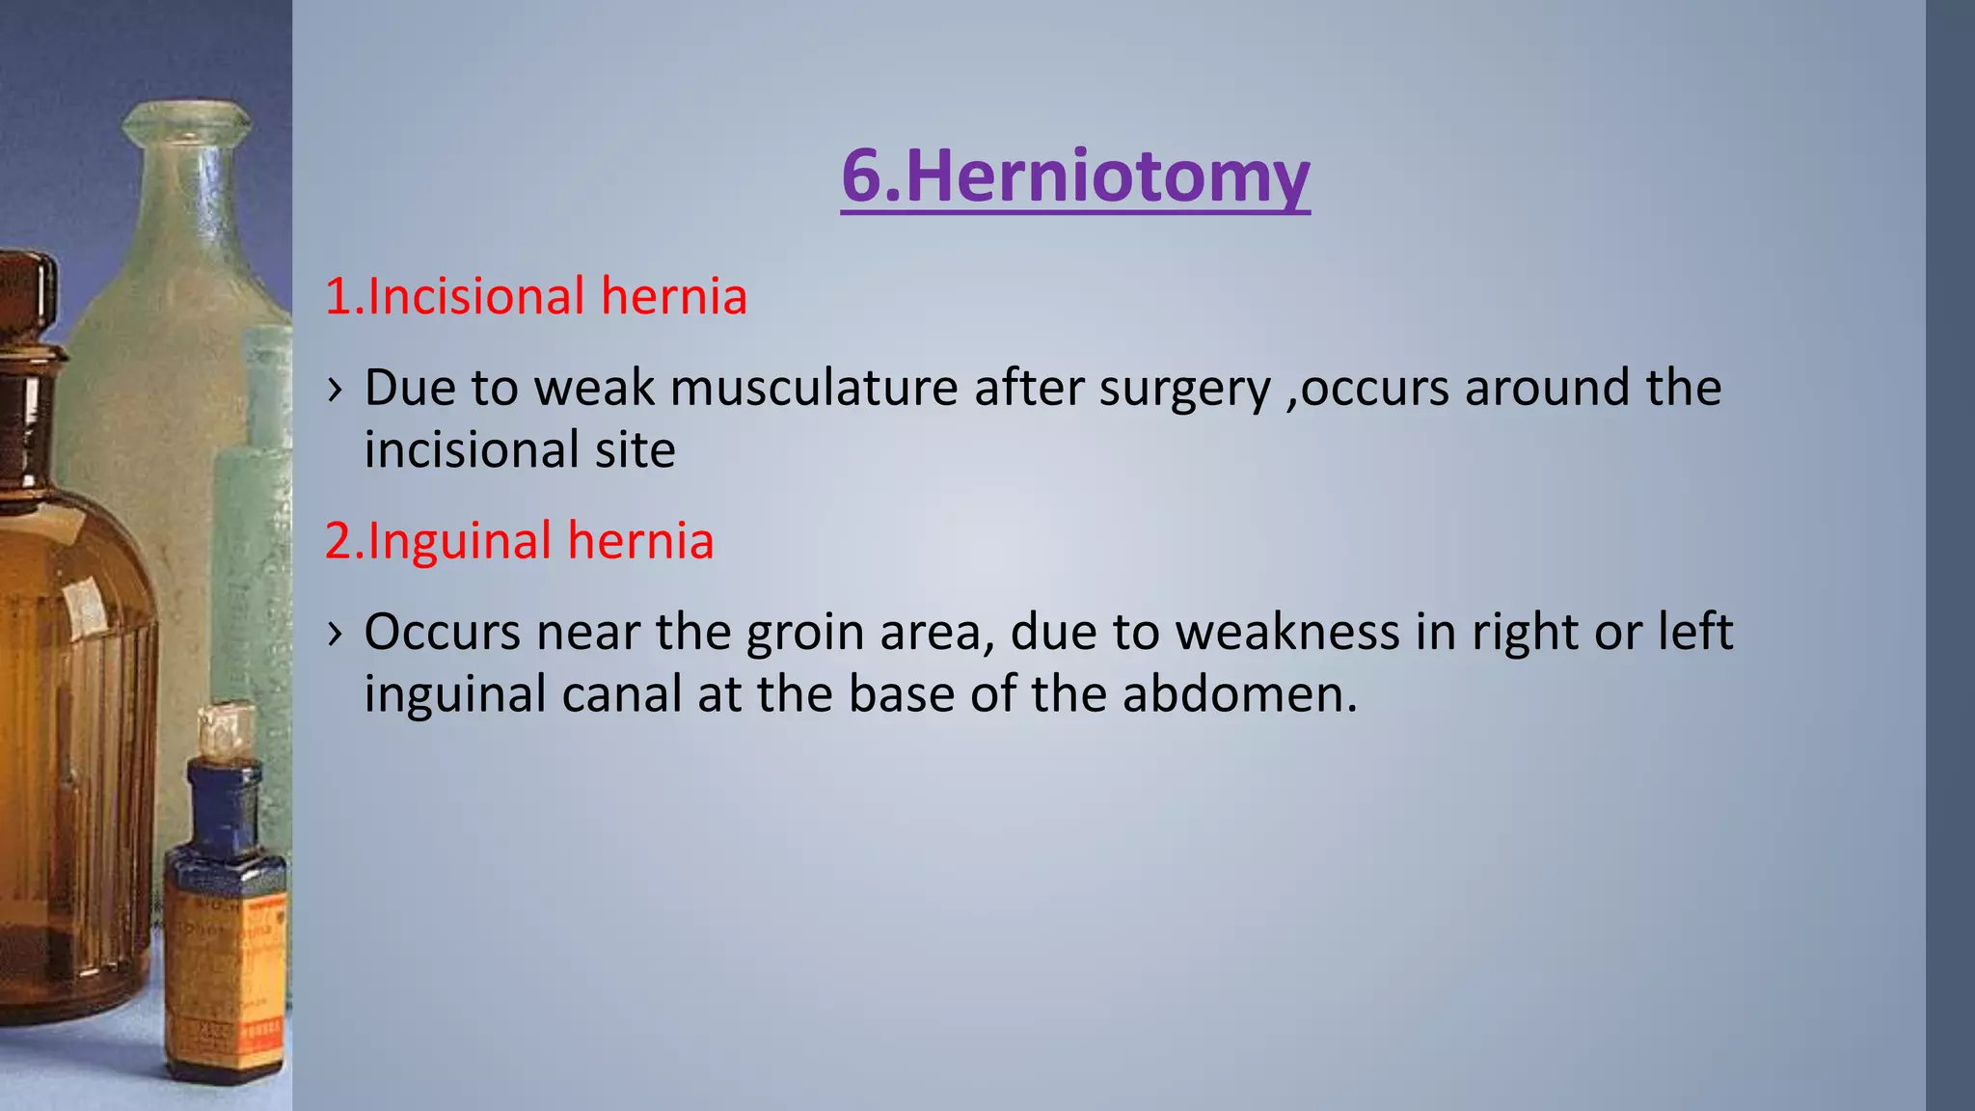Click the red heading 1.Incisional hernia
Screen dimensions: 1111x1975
coord(535,296)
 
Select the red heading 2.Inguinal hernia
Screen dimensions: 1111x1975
coord(519,540)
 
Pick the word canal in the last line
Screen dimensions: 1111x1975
coord(622,693)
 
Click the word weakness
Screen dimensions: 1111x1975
coord(1287,633)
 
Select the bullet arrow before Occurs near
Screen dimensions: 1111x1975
coord(335,634)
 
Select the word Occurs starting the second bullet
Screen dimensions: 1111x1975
coord(443,633)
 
